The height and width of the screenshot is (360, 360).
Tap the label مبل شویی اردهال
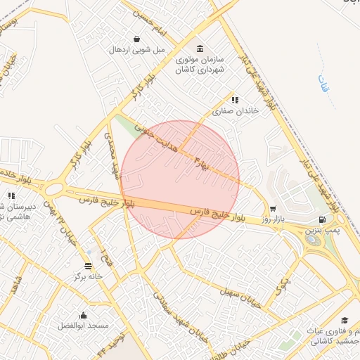click(x=136, y=50)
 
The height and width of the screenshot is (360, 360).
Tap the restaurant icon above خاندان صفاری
click(x=235, y=100)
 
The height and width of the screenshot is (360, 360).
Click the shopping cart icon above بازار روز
click(x=273, y=209)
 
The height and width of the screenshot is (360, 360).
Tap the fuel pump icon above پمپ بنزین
click(x=321, y=219)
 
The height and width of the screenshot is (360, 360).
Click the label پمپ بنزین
click(x=324, y=230)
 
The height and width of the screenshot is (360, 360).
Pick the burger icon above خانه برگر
click(x=88, y=265)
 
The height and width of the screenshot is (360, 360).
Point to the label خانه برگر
click(x=89, y=276)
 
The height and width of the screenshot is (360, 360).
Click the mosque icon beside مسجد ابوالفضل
click(x=84, y=315)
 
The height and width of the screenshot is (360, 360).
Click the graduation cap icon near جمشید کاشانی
click(x=345, y=321)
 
